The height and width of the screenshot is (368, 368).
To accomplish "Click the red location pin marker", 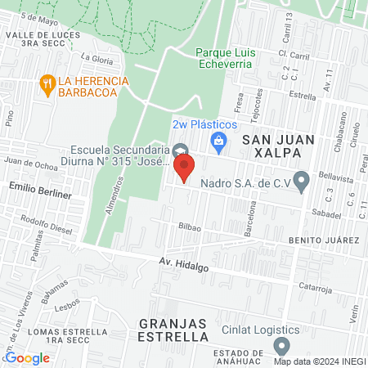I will [x=184, y=168].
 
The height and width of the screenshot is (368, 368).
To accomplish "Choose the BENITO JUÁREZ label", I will [x=324, y=240].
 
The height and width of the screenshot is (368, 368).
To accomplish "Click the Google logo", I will [x=27, y=357].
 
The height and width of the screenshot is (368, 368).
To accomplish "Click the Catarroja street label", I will [x=318, y=287].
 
